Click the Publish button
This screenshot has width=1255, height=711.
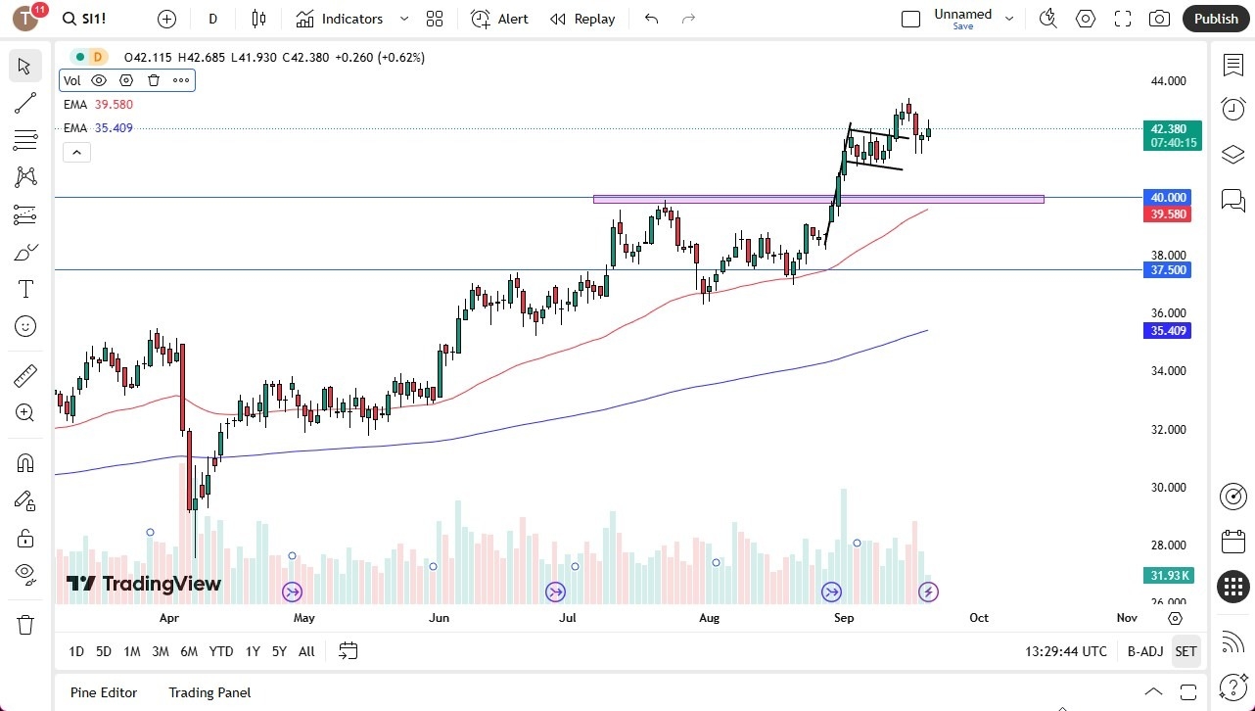click(x=1216, y=19)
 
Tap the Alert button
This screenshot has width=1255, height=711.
click(x=499, y=19)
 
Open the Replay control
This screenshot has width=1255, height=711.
click(x=582, y=19)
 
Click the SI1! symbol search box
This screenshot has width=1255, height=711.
click(x=97, y=19)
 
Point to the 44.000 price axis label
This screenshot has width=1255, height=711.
click(x=1169, y=81)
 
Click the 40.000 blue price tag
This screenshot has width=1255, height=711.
click(x=1169, y=197)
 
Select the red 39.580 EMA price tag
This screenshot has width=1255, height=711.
click(x=1169, y=214)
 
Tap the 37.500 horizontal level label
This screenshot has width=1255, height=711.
click(x=1169, y=270)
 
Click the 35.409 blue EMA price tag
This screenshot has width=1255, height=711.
click(x=1169, y=331)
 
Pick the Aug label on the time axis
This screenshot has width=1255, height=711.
click(x=710, y=618)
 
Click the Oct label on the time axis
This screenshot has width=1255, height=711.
click(x=979, y=618)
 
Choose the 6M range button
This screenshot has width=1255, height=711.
click(x=189, y=651)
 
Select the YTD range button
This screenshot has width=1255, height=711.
click(x=221, y=651)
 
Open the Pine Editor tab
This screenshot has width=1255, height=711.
click(x=104, y=692)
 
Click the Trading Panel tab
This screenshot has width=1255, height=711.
click(x=209, y=692)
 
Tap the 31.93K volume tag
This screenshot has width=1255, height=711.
click(x=1169, y=575)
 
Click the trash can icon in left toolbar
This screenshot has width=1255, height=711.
click(x=25, y=625)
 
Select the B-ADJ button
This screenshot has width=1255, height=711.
click(x=1144, y=651)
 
